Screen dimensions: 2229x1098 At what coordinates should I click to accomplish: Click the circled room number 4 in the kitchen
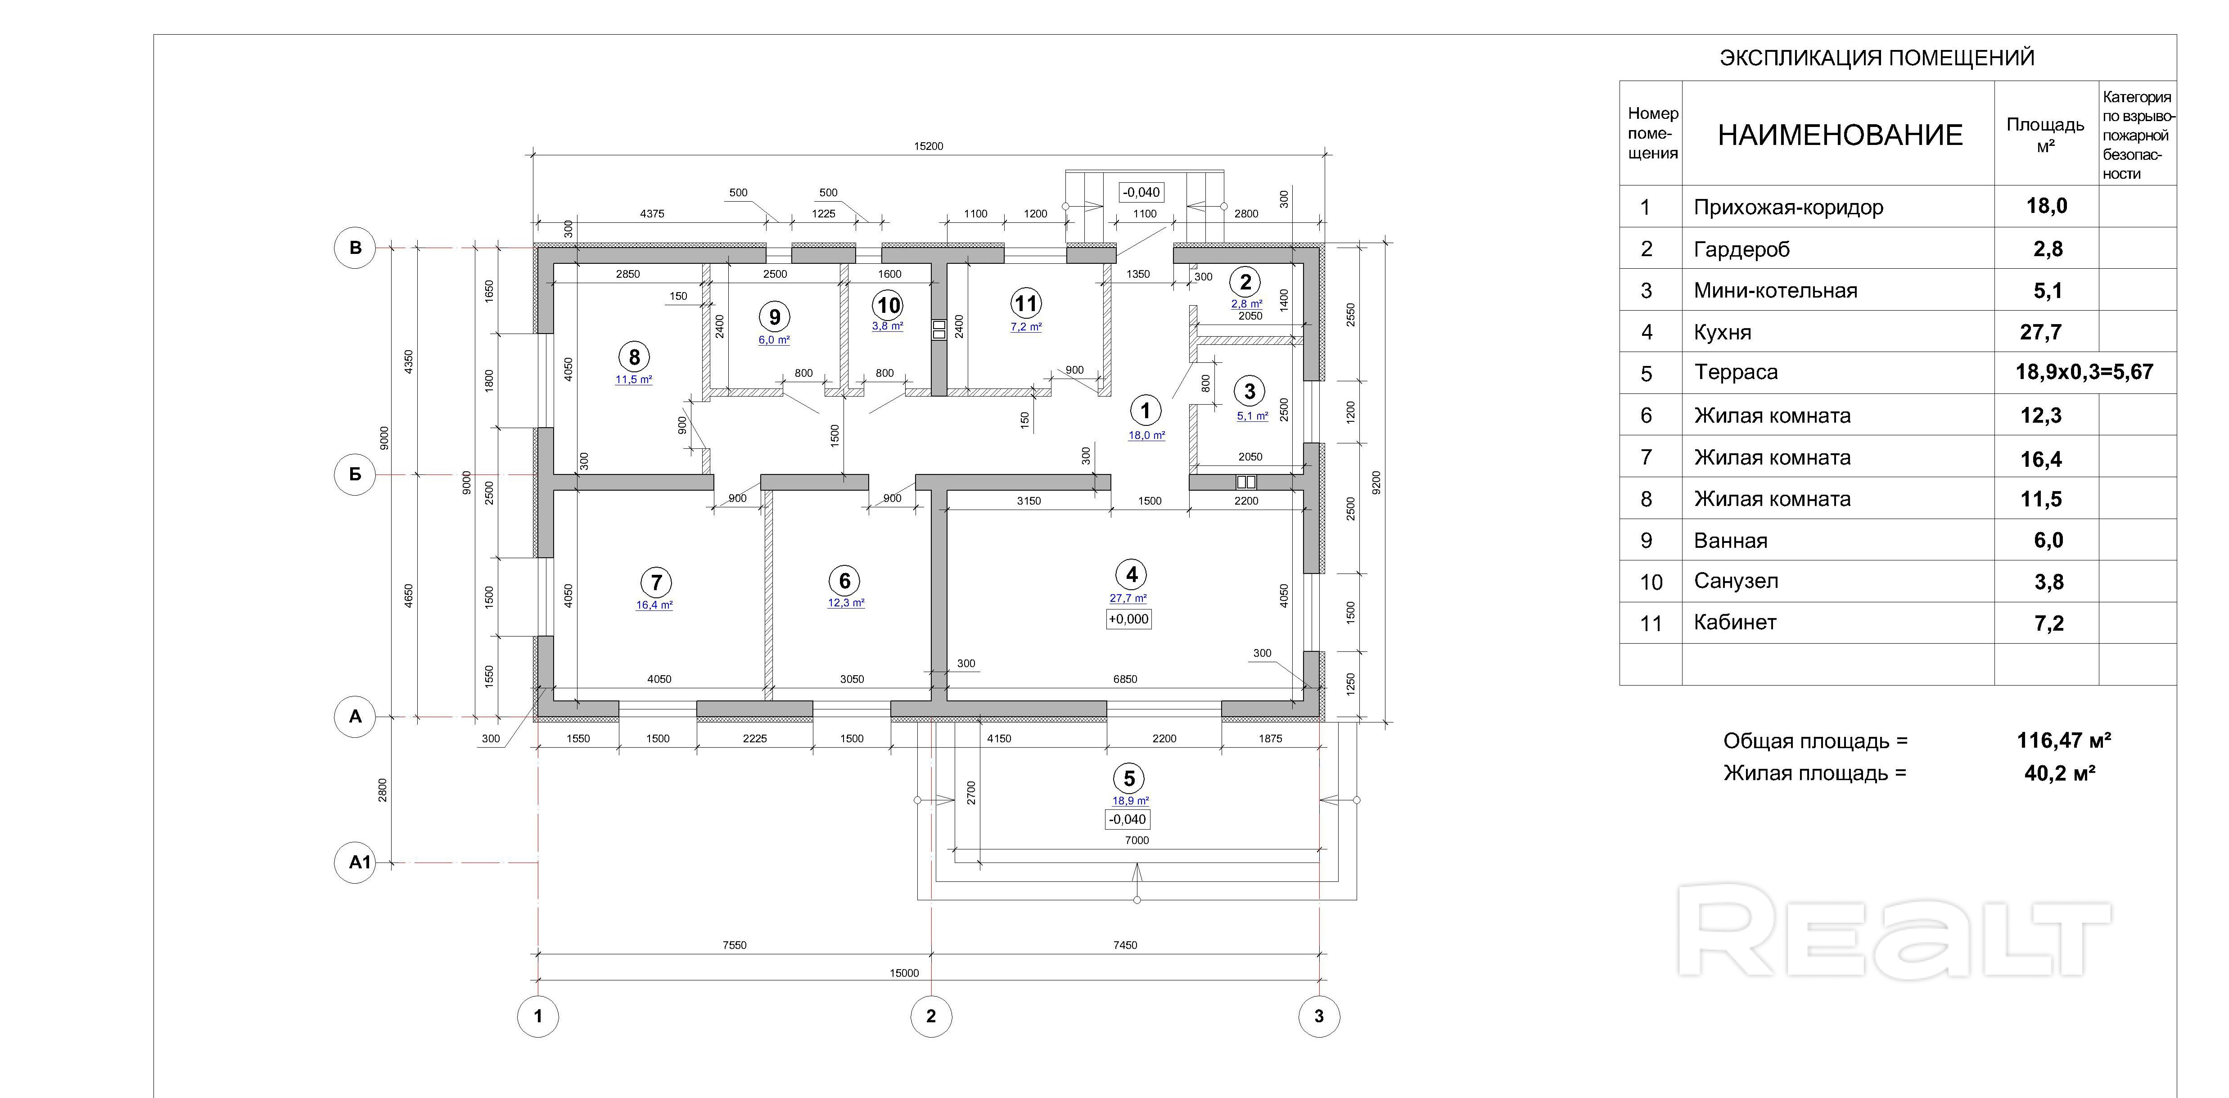click(x=1131, y=574)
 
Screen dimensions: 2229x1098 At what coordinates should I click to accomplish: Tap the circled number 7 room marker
click(x=656, y=582)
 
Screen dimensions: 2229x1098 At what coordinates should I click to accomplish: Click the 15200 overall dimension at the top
click(x=929, y=146)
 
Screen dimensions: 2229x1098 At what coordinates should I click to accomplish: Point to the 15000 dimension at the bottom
click(x=904, y=972)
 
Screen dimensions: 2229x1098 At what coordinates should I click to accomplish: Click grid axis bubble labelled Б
click(x=355, y=474)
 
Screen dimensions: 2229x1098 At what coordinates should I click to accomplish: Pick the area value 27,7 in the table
click(x=2041, y=332)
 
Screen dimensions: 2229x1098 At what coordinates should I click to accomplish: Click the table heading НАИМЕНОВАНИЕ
click(x=1840, y=135)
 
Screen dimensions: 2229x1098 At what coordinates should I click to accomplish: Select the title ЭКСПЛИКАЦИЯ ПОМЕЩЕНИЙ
click(x=1877, y=58)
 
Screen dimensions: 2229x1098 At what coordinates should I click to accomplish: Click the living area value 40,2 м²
click(x=2059, y=773)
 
